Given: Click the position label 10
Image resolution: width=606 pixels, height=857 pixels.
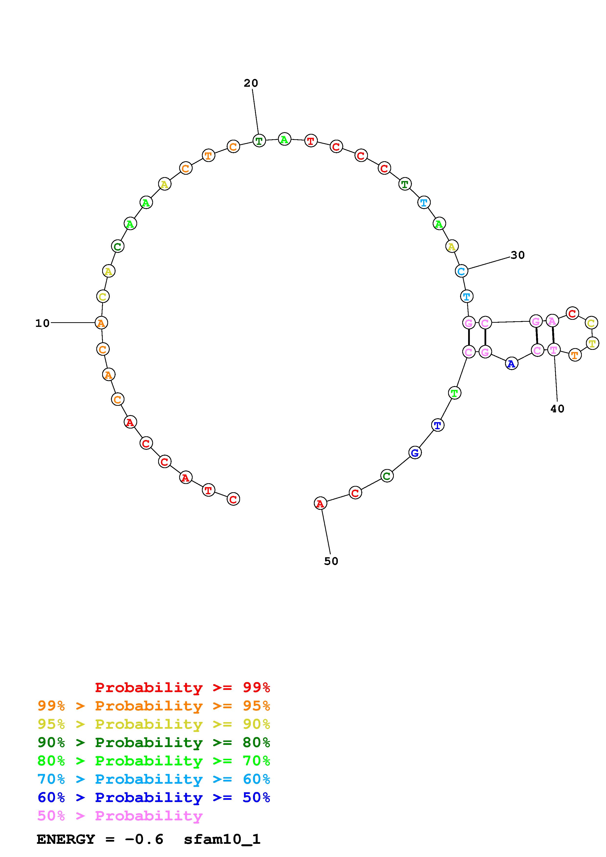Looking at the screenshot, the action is coord(42,323).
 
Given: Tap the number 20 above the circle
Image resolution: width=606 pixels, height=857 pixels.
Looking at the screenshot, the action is coord(251,83).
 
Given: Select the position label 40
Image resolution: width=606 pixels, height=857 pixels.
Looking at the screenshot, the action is coord(557,409).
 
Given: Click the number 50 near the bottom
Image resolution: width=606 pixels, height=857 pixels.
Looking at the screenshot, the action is coord(331,561).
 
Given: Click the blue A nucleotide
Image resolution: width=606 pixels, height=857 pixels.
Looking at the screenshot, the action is coord(511,364).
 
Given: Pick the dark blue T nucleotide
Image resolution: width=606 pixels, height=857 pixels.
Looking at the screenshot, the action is coord(438,425).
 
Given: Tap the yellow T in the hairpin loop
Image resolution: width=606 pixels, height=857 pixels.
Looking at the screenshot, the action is coord(592,343).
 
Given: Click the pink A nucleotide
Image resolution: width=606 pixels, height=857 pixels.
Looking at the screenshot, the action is coord(552,321).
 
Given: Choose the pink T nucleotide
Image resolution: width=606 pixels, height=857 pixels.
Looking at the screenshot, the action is coord(553,350).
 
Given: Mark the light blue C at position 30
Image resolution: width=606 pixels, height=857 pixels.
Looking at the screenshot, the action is coord(462,271).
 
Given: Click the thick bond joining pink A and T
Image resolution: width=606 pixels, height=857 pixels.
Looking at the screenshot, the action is coord(553,335).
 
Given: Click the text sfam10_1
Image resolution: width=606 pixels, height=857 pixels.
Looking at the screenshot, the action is coord(222,839).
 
